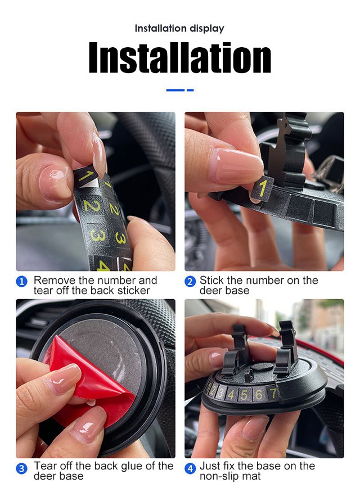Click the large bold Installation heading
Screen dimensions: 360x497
coord(180,58)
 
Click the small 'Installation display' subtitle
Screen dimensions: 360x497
coord(179,29)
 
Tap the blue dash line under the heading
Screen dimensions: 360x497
coord(180,91)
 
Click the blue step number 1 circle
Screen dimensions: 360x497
coord(21,281)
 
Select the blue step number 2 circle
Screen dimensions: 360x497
coord(190,281)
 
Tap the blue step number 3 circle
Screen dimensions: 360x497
coord(21,468)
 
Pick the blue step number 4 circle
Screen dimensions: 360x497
coord(190,468)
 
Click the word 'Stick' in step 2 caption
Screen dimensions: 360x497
coord(212,280)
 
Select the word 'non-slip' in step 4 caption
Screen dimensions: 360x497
coord(218,476)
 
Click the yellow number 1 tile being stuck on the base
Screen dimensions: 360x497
coord(262,189)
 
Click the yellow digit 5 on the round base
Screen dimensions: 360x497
coord(244,395)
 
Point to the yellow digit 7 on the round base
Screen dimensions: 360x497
coord(273,393)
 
